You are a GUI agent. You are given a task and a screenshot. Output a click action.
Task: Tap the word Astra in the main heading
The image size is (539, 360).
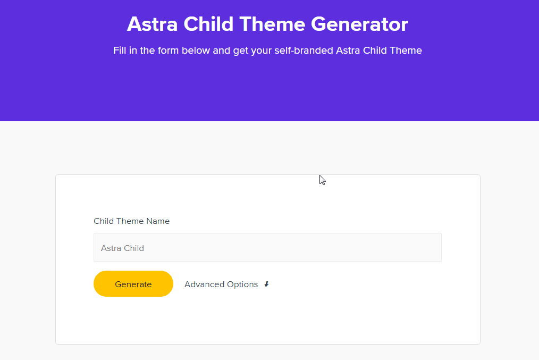click(150, 24)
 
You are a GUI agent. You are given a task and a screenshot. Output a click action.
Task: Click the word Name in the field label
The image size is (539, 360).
click(158, 221)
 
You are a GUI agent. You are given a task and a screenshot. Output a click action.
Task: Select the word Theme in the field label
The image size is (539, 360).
click(131, 221)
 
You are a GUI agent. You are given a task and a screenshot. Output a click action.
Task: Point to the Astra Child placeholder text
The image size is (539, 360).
click(122, 248)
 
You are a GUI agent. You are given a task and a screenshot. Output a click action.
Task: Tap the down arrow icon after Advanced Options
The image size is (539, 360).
click(266, 284)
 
